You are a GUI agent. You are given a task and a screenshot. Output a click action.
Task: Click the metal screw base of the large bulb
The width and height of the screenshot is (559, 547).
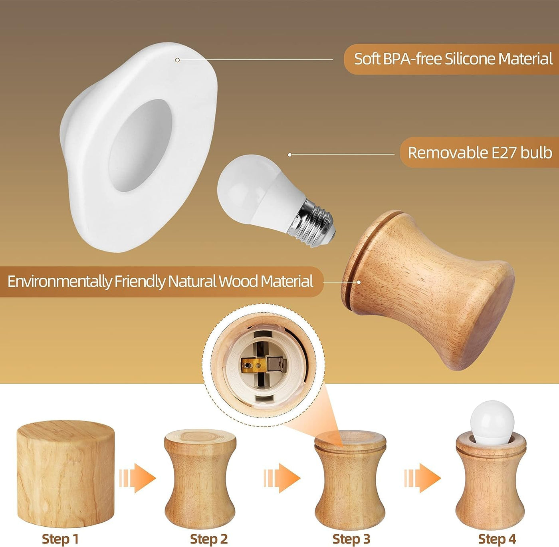(312, 223)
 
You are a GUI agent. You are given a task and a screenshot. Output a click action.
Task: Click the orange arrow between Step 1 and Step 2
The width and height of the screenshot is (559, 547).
(138, 478)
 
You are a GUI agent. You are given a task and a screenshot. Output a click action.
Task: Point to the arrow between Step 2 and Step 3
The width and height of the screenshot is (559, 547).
(282, 478)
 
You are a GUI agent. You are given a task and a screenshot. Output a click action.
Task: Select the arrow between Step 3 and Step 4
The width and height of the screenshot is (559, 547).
(422, 478)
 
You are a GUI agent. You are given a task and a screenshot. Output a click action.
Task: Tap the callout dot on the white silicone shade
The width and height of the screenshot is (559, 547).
(177, 60)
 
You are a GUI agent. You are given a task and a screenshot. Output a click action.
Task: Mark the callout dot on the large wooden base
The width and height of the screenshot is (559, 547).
(359, 282)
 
